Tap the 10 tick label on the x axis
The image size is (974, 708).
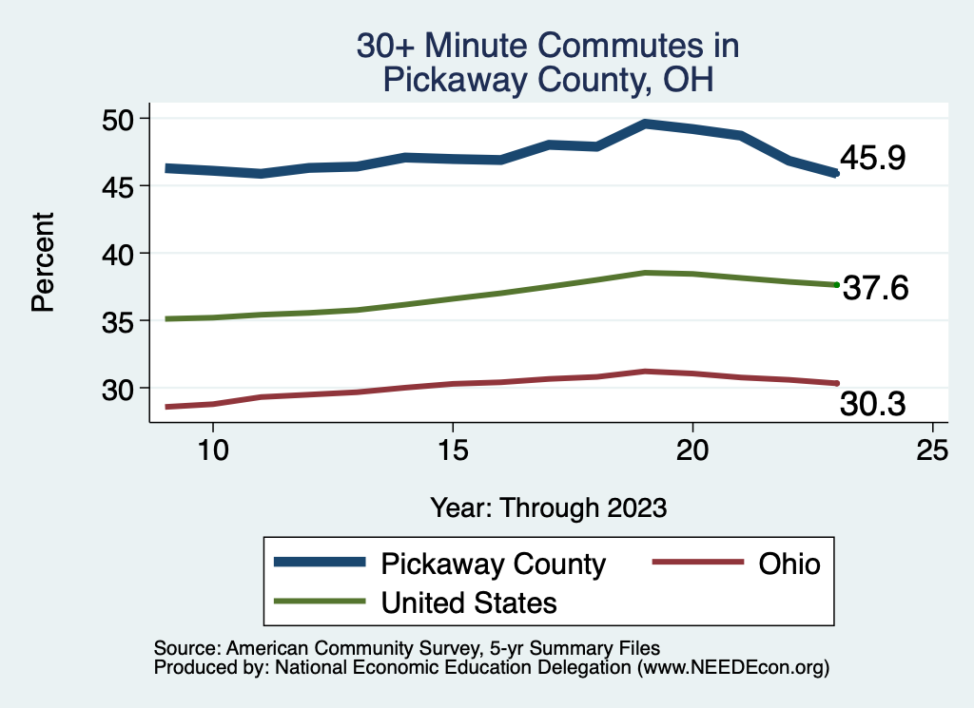pyautogui.click(x=213, y=450)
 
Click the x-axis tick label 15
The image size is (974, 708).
pyautogui.click(x=453, y=450)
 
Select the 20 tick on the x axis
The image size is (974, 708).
pyautogui.click(x=692, y=450)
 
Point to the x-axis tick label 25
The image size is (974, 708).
pyautogui.click(x=932, y=450)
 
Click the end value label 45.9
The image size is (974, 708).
pyautogui.click(x=872, y=159)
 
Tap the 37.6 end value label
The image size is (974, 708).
pyautogui.click(x=876, y=288)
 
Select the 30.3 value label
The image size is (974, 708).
pyautogui.click(x=872, y=405)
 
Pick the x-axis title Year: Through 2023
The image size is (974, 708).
pyautogui.click(x=548, y=507)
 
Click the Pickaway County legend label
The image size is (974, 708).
pyautogui.click(x=493, y=564)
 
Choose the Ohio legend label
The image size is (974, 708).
pyautogui.click(x=789, y=564)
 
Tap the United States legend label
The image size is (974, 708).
pyautogui.click(x=469, y=602)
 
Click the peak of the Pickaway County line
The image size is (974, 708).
pyautogui.click(x=645, y=124)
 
